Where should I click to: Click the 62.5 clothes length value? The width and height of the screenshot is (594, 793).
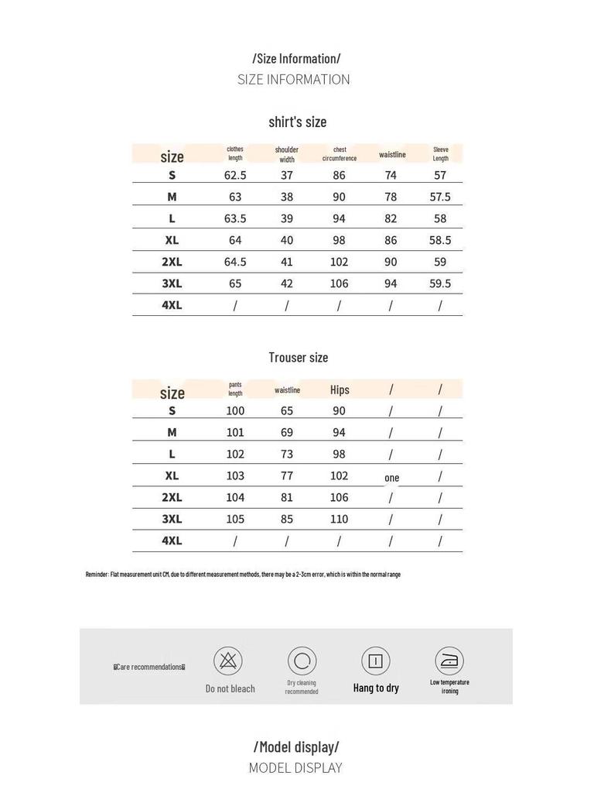point(235,176)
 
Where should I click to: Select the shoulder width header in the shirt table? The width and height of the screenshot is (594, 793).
point(286,154)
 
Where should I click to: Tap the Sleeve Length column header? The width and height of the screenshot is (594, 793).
point(440,154)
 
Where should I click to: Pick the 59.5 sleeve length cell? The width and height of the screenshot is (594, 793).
point(440,284)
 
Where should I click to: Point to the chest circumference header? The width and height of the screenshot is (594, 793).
point(340,154)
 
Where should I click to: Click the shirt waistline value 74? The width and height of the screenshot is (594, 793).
point(391,176)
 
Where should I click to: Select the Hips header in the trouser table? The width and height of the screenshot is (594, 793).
point(340,390)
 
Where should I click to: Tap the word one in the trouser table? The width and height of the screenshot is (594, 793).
point(392,478)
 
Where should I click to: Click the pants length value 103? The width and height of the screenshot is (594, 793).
point(235,476)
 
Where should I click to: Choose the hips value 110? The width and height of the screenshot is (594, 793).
point(340,520)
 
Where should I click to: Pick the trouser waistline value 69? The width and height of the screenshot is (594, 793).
point(286,433)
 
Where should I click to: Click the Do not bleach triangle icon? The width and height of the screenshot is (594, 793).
point(228,661)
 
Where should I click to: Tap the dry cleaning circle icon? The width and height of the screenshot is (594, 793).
point(302,661)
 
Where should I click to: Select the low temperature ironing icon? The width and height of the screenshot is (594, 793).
point(449,661)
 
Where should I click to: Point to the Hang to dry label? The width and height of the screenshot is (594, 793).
point(376,688)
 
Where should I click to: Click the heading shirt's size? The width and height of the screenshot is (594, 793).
point(298,122)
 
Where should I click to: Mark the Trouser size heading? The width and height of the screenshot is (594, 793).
point(298,357)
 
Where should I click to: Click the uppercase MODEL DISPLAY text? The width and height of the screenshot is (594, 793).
point(295,768)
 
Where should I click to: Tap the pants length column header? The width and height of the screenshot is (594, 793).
point(235,389)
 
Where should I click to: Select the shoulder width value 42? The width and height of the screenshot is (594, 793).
point(286,284)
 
